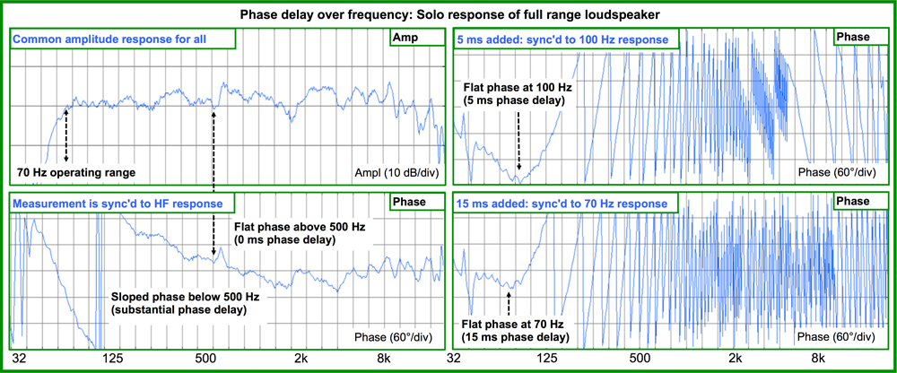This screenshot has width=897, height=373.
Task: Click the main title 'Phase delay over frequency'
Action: (448, 14)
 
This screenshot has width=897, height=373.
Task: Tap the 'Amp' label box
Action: (417, 38)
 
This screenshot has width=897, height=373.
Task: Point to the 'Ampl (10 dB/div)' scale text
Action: (392, 173)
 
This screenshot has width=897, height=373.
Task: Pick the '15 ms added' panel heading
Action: (563, 204)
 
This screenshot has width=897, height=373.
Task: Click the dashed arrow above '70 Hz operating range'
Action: (66, 134)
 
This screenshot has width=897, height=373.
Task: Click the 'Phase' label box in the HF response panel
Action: (415, 203)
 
